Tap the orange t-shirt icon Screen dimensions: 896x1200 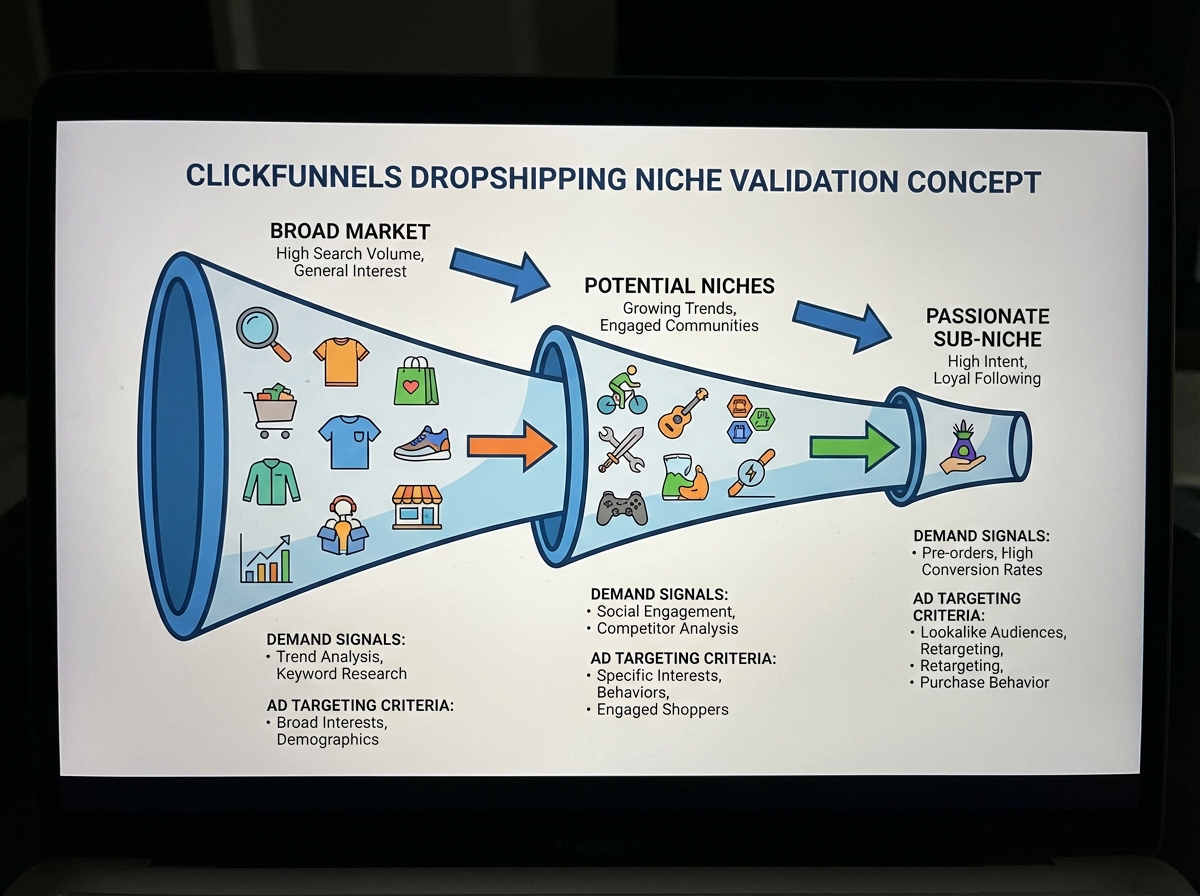(x=341, y=361)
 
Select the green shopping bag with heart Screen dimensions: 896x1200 (x=416, y=381)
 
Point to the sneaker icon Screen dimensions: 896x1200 (x=422, y=443)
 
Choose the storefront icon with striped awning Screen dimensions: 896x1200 (x=417, y=507)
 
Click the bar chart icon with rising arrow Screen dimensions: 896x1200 (x=266, y=559)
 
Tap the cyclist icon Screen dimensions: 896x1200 (x=622, y=391)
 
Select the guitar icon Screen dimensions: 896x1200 (x=684, y=412)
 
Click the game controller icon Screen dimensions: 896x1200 (x=621, y=508)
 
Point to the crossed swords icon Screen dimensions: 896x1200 (x=621, y=449)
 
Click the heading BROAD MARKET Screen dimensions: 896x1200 (x=350, y=231)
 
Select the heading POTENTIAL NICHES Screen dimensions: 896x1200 (x=679, y=286)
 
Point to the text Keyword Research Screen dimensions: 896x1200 (x=341, y=673)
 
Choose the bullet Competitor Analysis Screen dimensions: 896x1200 (x=667, y=629)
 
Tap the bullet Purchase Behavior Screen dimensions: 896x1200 (x=984, y=682)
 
